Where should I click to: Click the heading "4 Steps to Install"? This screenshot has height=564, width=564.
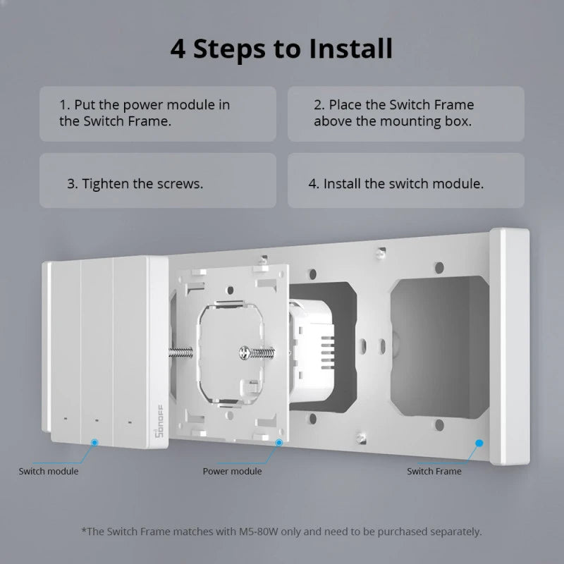tap(281, 49)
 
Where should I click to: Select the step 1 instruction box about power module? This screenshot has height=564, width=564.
tap(157, 113)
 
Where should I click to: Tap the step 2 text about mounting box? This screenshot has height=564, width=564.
tap(405, 113)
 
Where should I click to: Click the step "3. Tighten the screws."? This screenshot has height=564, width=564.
tap(135, 183)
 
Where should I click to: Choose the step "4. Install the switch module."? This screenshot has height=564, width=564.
tap(396, 183)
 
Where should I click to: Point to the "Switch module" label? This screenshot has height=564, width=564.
tap(49, 471)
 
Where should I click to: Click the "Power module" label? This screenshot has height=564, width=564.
tap(232, 471)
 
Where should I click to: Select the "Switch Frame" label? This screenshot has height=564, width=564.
tap(434, 471)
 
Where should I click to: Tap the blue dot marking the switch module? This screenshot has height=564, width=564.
tap(94, 442)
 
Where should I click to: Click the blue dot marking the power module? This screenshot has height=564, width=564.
tap(279, 442)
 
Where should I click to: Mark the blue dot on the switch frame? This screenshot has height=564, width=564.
tap(479, 443)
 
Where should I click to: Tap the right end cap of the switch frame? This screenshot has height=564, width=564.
tap(509, 345)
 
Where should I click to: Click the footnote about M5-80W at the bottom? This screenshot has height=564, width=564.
tap(281, 531)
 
